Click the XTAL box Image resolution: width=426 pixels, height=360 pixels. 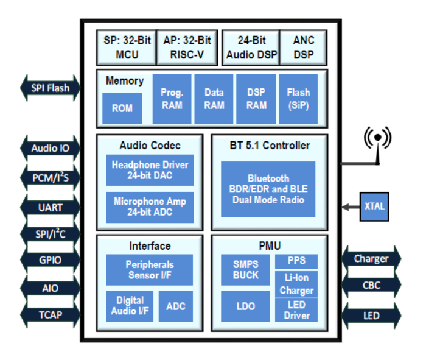(x=374, y=206)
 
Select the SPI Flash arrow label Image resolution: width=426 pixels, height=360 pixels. (x=51, y=88)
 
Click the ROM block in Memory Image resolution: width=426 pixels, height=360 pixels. (x=122, y=108)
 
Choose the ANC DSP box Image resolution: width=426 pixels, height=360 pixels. (x=304, y=48)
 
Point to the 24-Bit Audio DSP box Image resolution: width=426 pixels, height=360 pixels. (x=251, y=48)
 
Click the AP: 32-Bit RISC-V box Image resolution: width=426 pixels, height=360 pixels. (x=187, y=48)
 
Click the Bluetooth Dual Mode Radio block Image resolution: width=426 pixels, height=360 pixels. (x=268, y=189)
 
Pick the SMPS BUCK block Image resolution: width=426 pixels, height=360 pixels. (x=246, y=270)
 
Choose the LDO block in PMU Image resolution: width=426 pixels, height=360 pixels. (x=246, y=306)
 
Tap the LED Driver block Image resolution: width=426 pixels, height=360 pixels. (x=297, y=310)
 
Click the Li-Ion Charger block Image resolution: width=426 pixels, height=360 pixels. (x=297, y=284)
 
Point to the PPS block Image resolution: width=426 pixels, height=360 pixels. (x=297, y=261)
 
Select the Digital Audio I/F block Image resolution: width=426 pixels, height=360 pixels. (x=130, y=306)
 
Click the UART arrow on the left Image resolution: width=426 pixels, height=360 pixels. (x=51, y=207)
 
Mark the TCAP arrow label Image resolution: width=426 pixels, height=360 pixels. (x=51, y=316)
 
